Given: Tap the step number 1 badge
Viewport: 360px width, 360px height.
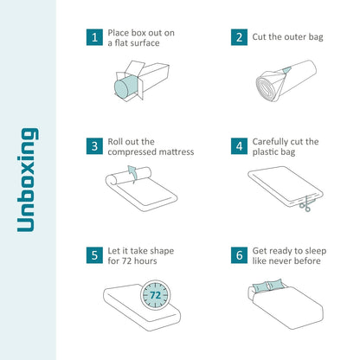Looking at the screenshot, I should pos(93,37).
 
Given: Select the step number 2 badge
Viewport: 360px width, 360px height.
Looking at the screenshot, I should pos(238,37).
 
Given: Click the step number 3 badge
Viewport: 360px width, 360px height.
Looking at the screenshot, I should pos(93,146).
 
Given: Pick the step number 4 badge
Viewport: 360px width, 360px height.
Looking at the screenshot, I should pos(238,146).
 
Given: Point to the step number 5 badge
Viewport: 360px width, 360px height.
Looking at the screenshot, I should pos(93,256).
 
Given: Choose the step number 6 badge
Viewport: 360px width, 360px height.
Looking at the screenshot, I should pos(238,256).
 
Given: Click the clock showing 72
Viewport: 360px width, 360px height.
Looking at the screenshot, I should pos(154,294).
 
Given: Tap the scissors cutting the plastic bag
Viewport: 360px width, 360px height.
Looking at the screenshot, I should pos(305,204).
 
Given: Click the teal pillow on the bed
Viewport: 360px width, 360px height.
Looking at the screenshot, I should pos(283,285).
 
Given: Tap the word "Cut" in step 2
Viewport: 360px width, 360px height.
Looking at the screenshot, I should pos(261,37).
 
